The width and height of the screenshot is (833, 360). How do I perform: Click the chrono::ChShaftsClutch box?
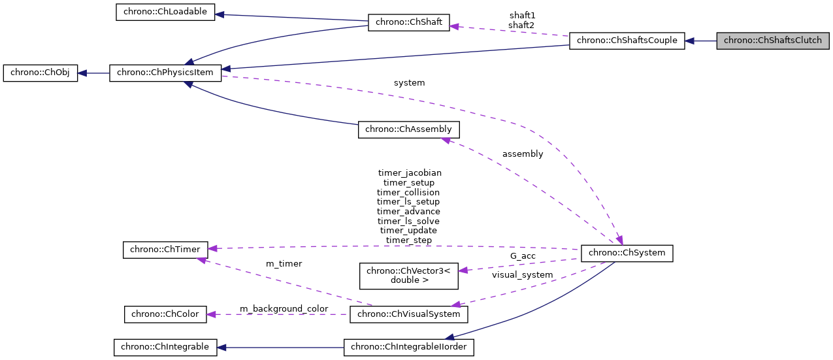click(773, 41)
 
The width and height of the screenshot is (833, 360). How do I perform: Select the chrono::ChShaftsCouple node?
click(627, 41)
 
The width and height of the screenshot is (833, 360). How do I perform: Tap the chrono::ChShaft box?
click(409, 22)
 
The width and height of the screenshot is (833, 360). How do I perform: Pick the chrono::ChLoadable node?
click(165, 12)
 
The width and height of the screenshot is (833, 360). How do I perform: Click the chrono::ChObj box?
click(41, 73)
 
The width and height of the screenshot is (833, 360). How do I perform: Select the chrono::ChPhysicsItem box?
click(165, 73)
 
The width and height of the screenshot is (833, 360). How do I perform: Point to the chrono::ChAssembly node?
click(408, 129)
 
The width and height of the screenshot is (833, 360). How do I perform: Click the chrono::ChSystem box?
click(627, 252)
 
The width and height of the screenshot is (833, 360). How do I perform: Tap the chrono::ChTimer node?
click(165, 249)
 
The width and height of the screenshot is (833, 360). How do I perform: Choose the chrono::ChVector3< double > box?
click(409, 275)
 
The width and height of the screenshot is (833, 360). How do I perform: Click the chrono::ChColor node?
click(165, 314)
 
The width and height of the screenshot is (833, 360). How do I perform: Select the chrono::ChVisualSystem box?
click(409, 314)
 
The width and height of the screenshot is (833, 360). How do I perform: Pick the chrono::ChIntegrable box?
click(165, 347)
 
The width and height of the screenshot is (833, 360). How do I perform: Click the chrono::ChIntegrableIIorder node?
click(409, 347)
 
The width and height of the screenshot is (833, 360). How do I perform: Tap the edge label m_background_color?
click(284, 308)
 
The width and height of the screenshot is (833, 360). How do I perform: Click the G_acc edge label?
click(523, 256)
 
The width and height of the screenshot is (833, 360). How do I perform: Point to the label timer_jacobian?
click(410, 173)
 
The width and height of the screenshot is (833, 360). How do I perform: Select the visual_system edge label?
click(522, 275)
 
